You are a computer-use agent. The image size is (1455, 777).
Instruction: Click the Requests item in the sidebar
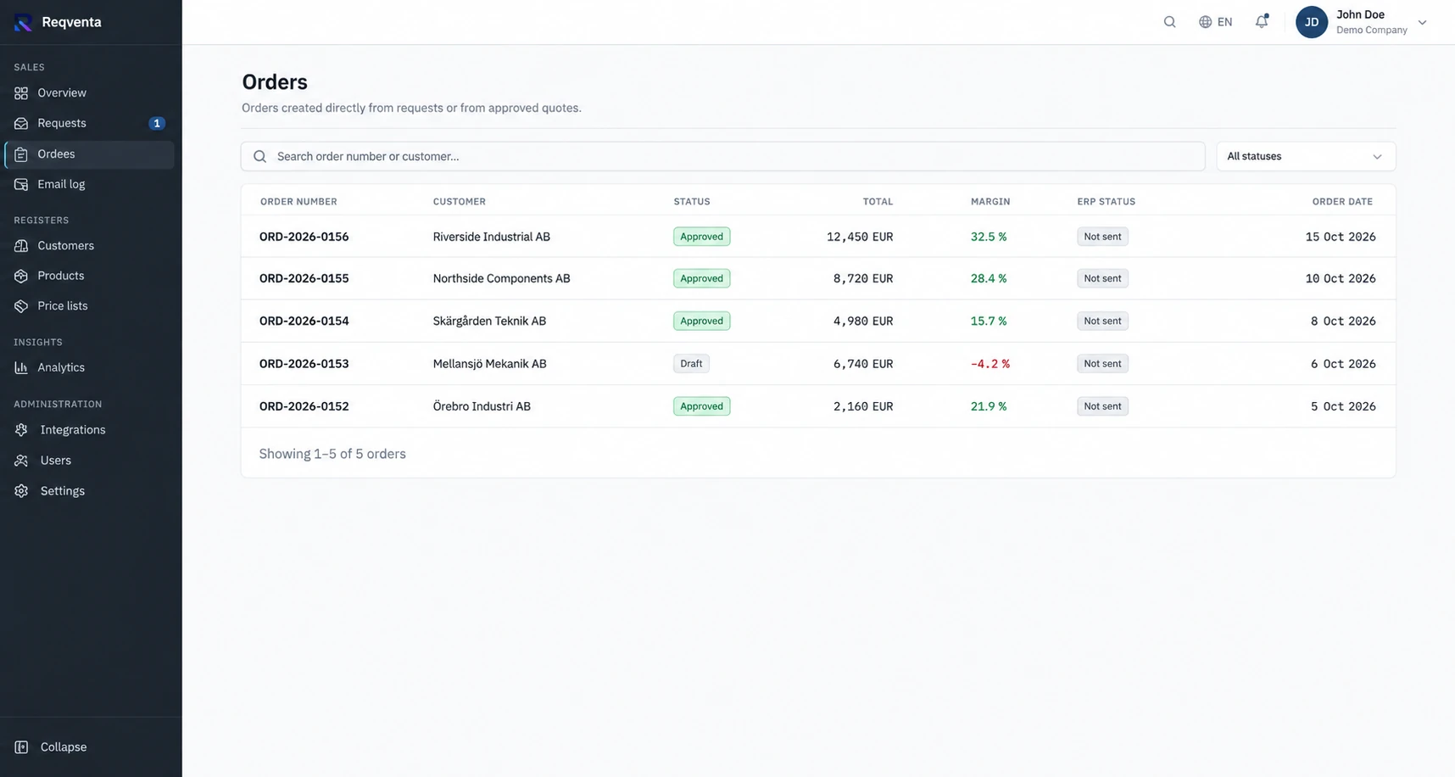(89, 123)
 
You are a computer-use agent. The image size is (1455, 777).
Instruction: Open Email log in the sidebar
(89, 184)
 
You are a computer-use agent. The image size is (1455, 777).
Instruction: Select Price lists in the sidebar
(89, 305)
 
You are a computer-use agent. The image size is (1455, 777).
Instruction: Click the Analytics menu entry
(89, 367)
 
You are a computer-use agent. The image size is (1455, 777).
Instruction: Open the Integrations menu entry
(89, 429)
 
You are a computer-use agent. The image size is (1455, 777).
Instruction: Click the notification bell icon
(1262, 22)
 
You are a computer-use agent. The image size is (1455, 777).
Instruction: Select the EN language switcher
(1215, 22)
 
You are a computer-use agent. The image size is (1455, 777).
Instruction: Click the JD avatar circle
(1311, 22)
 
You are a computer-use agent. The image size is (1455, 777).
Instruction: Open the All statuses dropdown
(1306, 156)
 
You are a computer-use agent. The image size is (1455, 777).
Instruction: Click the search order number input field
(723, 156)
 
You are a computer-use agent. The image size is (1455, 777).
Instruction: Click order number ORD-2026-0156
(304, 237)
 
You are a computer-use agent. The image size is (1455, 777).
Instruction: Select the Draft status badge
(691, 364)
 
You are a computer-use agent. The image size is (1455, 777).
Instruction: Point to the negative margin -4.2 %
(990, 364)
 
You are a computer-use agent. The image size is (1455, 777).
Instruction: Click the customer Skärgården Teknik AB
(489, 321)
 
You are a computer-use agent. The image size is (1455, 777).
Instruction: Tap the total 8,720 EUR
(863, 278)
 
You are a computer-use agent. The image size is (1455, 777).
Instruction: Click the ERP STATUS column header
(1106, 202)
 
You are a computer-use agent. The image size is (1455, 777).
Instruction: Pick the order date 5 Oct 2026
(1343, 406)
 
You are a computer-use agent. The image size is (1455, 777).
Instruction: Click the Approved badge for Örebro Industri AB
(701, 406)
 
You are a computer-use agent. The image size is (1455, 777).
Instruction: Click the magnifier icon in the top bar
(1169, 22)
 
